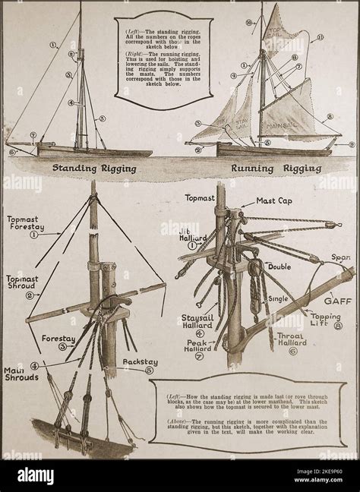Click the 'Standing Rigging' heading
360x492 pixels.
(x=93, y=169)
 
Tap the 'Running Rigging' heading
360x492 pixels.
(x=271, y=169)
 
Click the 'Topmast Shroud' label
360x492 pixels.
(x=22, y=283)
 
